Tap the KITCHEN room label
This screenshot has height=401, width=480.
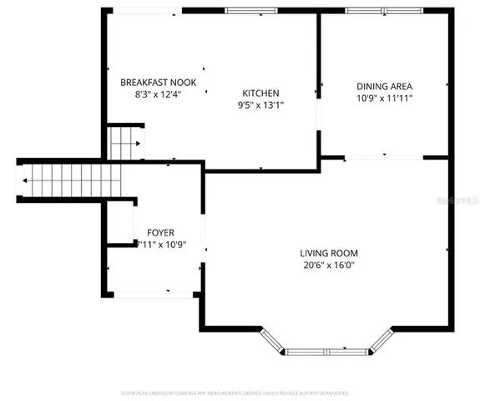[260, 93]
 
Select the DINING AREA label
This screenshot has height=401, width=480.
[384, 86]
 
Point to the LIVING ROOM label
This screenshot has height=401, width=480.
[329, 253]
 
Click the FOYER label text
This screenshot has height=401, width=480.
[161, 232]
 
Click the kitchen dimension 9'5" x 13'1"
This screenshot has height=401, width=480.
[260, 105]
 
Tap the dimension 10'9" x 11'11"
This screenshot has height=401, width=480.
[384, 99]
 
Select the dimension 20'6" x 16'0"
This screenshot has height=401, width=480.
[329, 266]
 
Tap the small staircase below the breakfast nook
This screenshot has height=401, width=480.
[125, 143]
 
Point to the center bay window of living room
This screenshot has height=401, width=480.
[328, 352]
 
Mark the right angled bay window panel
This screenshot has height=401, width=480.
[382, 340]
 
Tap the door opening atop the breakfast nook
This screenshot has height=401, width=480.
[146, 11]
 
